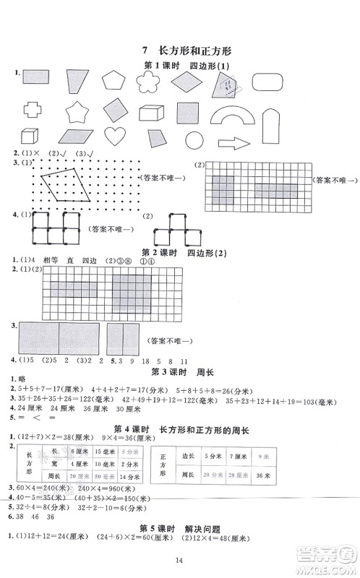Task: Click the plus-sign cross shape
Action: [x=33, y=110]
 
